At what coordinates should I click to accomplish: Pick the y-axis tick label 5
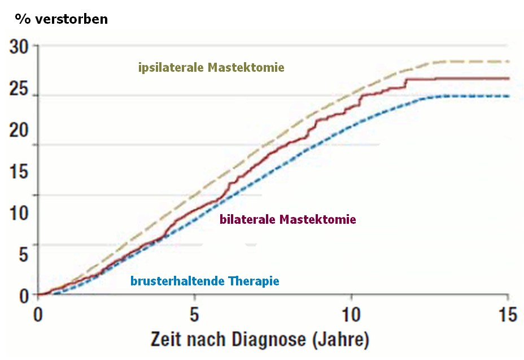click(x=22, y=254)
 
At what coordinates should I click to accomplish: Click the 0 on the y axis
click(x=22, y=296)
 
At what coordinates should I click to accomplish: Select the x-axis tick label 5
click(x=194, y=315)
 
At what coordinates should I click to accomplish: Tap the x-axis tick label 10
click(x=351, y=315)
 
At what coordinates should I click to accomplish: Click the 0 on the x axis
click(x=38, y=315)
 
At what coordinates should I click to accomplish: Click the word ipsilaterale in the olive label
click(x=171, y=68)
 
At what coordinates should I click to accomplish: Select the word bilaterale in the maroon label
click(x=247, y=219)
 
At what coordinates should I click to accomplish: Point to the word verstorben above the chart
click(x=71, y=19)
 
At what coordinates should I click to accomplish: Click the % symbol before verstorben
click(x=23, y=19)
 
